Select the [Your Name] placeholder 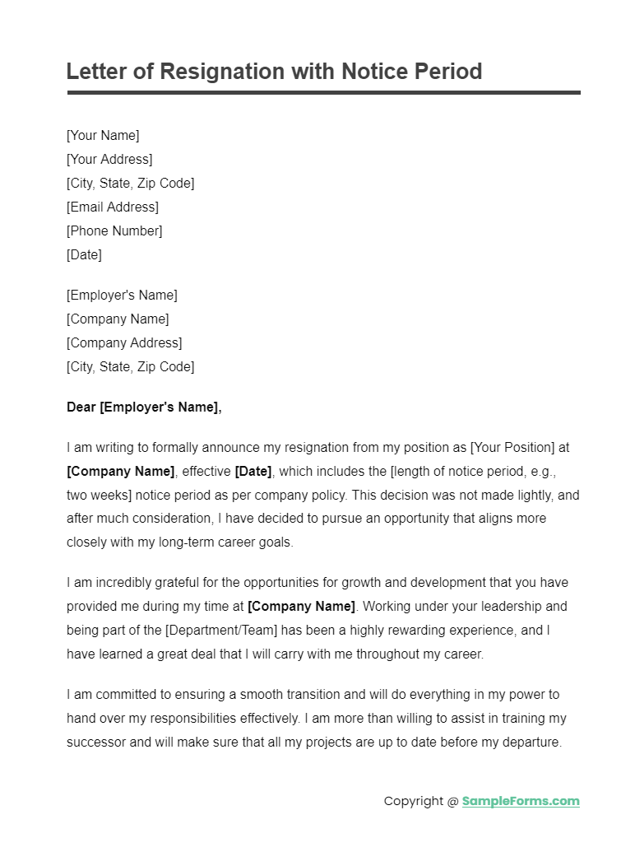tap(103, 135)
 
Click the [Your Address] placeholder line tap(109, 159)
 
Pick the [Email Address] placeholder tap(113, 207)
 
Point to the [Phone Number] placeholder tap(114, 230)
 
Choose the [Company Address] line tap(124, 342)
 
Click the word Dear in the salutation tap(81, 407)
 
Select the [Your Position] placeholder tap(512, 448)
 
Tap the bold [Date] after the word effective tap(253, 472)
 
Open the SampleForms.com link tap(521, 801)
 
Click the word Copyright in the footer tap(413, 801)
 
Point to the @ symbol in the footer tap(452, 801)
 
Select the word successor tap(96, 742)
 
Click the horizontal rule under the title tap(323, 93)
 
